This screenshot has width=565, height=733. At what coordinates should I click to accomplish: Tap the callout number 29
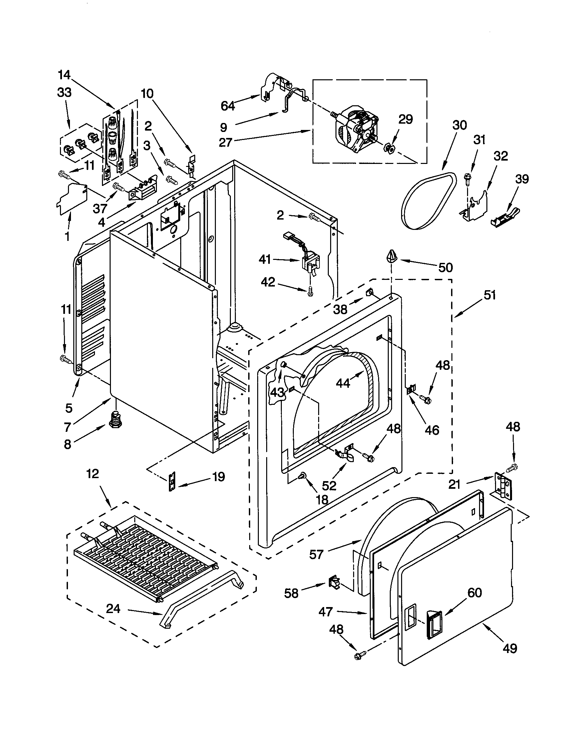pyautogui.click(x=405, y=119)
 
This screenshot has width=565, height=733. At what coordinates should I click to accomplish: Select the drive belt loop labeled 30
pyautogui.click(x=428, y=201)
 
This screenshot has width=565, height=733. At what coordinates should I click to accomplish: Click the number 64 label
pyautogui.click(x=228, y=106)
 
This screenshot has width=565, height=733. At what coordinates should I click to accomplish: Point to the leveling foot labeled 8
pyautogui.click(x=115, y=420)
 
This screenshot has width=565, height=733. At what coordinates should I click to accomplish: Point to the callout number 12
pyautogui.click(x=93, y=473)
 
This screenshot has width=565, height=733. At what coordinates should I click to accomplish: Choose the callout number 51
pyautogui.click(x=490, y=295)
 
